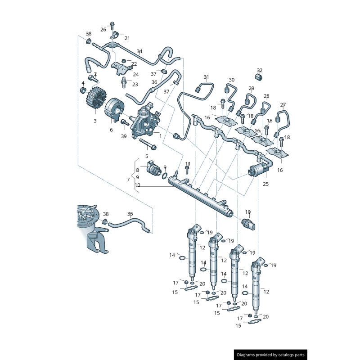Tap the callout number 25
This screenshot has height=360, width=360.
tap(265, 184)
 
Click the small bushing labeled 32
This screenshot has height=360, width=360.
tap(259, 77)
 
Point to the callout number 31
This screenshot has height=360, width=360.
tap(206, 77)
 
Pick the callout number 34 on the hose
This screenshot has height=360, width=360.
tap(139, 51)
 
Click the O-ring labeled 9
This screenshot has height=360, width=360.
tap(165, 176)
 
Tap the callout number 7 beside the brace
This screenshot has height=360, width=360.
tap(128, 180)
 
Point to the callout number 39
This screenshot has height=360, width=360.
tap(124, 136)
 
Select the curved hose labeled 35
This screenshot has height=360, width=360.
tap(130, 225)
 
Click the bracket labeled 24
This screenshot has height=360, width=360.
tap(121, 68)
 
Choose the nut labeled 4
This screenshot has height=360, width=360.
tap(83, 90)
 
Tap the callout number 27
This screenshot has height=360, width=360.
tap(283, 105)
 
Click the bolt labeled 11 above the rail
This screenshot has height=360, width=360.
tap(187, 170)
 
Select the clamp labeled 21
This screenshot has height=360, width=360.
tap(114, 35)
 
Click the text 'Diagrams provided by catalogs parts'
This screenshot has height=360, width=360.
tap(270, 355)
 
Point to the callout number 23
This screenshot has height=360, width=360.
tap(135, 85)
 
